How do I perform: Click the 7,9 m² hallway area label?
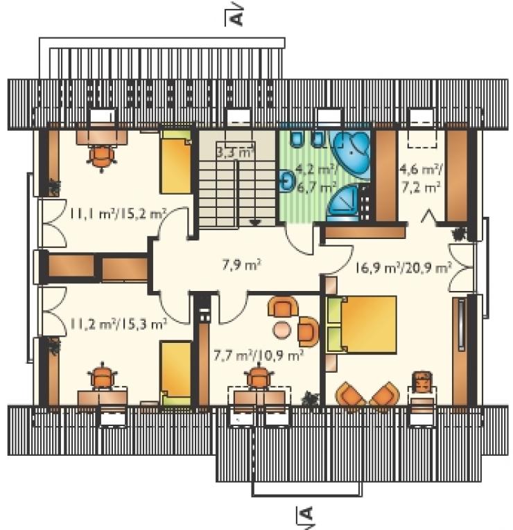point(241,265)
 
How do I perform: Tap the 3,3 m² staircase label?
point(235,153)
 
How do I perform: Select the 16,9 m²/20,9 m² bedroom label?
point(403,268)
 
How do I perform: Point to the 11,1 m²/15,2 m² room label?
point(119,214)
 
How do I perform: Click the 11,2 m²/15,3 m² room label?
point(119,324)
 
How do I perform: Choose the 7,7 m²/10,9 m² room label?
point(259,355)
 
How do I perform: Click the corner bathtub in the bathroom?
point(351,153)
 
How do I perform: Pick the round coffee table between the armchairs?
point(281,330)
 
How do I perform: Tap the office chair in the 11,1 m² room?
point(102,157)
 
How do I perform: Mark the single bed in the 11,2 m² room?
point(176,373)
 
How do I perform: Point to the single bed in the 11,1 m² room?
point(176,162)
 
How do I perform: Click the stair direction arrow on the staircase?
point(255,222)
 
